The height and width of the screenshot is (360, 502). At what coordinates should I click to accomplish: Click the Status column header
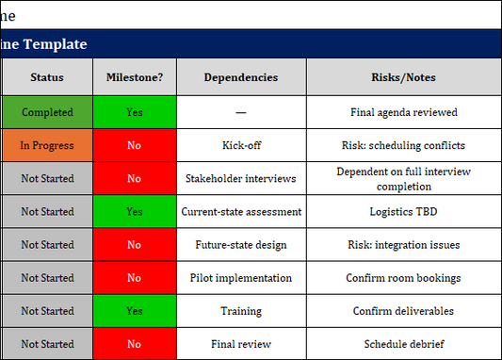[x=46, y=77]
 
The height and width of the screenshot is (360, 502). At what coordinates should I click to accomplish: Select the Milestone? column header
[x=134, y=77]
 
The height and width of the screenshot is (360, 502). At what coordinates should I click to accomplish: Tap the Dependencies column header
[x=241, y=77]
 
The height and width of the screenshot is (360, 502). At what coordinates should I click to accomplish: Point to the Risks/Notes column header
[x=403, y=77]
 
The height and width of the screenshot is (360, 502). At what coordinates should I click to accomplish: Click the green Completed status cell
[x=46, y=112]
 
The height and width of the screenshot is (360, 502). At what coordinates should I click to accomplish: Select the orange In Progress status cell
[x=46, y=146]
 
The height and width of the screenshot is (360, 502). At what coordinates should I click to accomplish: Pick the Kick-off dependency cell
[x=241, y=146]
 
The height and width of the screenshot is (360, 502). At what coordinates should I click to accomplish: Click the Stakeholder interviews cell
[x=241, y=178]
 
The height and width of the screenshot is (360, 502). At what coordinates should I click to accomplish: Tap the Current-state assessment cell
[x=241, y=212]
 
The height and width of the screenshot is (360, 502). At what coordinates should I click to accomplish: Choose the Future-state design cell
[x=241, y=245]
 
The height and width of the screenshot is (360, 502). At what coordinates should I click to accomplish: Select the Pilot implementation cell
[x=241, y=278]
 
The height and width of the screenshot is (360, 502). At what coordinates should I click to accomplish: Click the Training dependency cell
[x=241, y=311]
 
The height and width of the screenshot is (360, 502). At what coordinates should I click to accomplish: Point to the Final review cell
[x=241, y=344]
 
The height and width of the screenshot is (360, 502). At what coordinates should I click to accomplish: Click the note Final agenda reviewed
[x=403, y=112]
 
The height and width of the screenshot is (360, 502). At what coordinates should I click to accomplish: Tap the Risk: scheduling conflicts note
[x=403, y=146]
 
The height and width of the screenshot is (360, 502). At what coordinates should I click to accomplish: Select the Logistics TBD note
[x=403, y=212]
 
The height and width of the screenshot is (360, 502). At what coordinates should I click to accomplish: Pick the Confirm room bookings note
[x=403, y=278]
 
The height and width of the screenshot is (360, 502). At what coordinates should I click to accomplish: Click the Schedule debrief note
[x=403, y=344]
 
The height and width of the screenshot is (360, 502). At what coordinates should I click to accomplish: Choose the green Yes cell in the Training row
[x=134, y=311]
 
